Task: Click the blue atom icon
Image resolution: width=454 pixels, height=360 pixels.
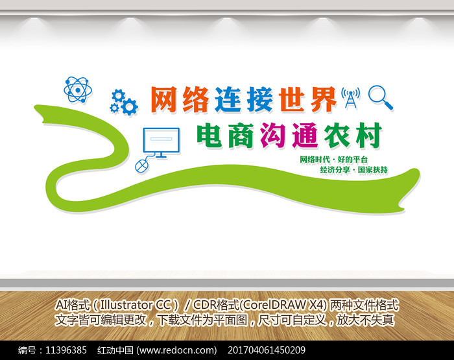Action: click(78, 90)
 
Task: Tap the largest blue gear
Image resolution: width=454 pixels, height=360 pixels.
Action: click(129, 106)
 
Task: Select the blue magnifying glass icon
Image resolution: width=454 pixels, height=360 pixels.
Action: click(381, 97)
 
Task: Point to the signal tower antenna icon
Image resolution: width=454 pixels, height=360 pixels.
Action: click(351, 98)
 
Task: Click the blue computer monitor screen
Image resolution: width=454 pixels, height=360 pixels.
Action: click(161, 141)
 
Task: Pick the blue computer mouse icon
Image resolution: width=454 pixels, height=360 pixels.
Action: click(141, 166)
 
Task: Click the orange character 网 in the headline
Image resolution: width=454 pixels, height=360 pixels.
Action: click(163, 99)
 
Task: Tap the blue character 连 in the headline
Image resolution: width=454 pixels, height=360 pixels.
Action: click(228, 99)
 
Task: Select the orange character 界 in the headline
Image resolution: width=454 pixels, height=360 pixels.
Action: click(324, 99)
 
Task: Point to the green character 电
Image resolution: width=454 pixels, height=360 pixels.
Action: click(209, 136)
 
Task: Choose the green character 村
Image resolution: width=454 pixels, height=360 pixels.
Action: click(368, 136)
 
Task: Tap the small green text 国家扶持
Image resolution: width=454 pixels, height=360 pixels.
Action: click(373, 170)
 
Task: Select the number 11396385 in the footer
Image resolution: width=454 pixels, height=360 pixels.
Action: click(66, 350)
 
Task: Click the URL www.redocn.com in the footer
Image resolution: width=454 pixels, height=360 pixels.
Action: click(176, 350)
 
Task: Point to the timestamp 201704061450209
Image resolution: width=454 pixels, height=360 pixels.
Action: click(267, 350)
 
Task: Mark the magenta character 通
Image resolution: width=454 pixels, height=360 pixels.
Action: click(305, 136)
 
